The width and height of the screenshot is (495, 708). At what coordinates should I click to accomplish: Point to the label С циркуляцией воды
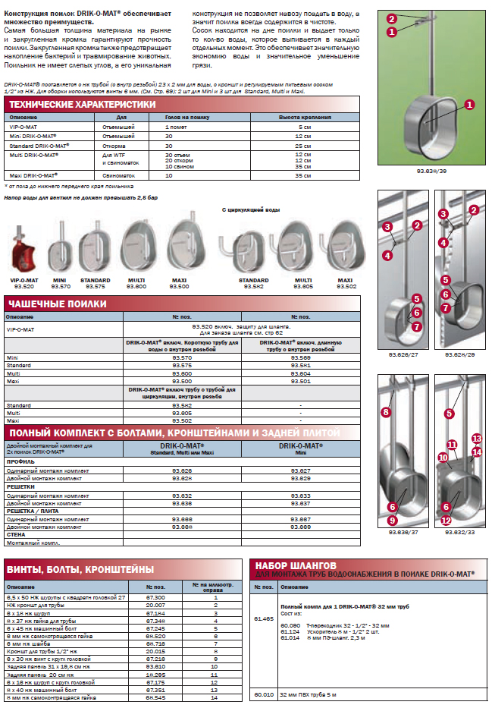coord(251,209)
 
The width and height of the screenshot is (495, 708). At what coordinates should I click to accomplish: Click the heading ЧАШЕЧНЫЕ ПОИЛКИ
coord(56,304)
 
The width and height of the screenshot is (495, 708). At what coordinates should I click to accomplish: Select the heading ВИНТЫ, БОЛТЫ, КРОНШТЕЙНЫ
coord(80,569)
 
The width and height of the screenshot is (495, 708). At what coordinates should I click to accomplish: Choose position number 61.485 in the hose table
coord(264,619)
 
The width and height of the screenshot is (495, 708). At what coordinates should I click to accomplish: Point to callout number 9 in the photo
coord(393,521)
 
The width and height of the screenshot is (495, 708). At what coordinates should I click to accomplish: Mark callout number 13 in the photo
coord(477,439)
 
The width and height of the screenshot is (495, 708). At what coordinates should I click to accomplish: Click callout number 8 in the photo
coord(385,412)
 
